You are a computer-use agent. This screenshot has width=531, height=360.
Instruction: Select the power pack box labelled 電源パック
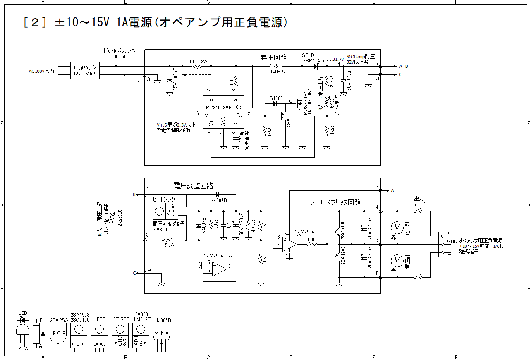click(85, 71)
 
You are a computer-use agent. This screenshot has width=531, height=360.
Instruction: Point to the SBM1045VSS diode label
click(317, 60)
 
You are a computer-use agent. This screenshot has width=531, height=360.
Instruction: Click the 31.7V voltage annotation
click(338, 60)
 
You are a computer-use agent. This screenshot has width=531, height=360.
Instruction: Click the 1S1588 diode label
click(275, 98)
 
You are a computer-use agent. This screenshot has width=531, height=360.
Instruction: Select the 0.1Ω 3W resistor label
click(198, 61)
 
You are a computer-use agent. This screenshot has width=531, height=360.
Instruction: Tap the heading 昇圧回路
click(273, 57)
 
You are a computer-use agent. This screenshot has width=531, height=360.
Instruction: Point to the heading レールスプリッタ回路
click(335, 202)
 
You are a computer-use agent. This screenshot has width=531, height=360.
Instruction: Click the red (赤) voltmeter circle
click(397, 227)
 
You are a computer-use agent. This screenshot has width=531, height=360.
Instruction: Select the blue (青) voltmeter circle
click(397, 260)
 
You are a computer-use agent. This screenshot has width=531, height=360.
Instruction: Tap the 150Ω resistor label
click(312, 240)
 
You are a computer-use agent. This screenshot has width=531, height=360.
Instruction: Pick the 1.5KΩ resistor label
click(167, 245)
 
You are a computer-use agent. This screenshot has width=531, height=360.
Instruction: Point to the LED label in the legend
click(23, 313)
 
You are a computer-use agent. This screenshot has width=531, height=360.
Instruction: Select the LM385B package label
click(162, 320)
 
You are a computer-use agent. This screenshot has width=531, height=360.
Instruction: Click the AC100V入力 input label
click(41, 71)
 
